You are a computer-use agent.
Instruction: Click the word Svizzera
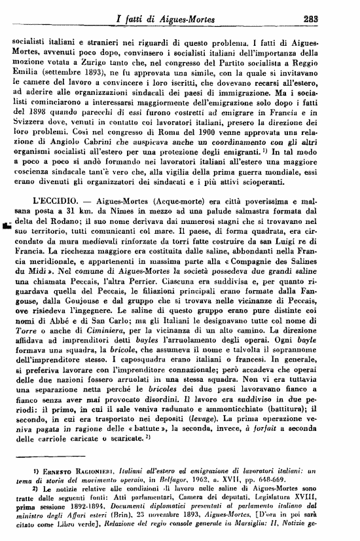(31, 131)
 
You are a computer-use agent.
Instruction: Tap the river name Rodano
(62, 227)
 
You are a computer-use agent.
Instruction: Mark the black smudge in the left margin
(7, 228)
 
